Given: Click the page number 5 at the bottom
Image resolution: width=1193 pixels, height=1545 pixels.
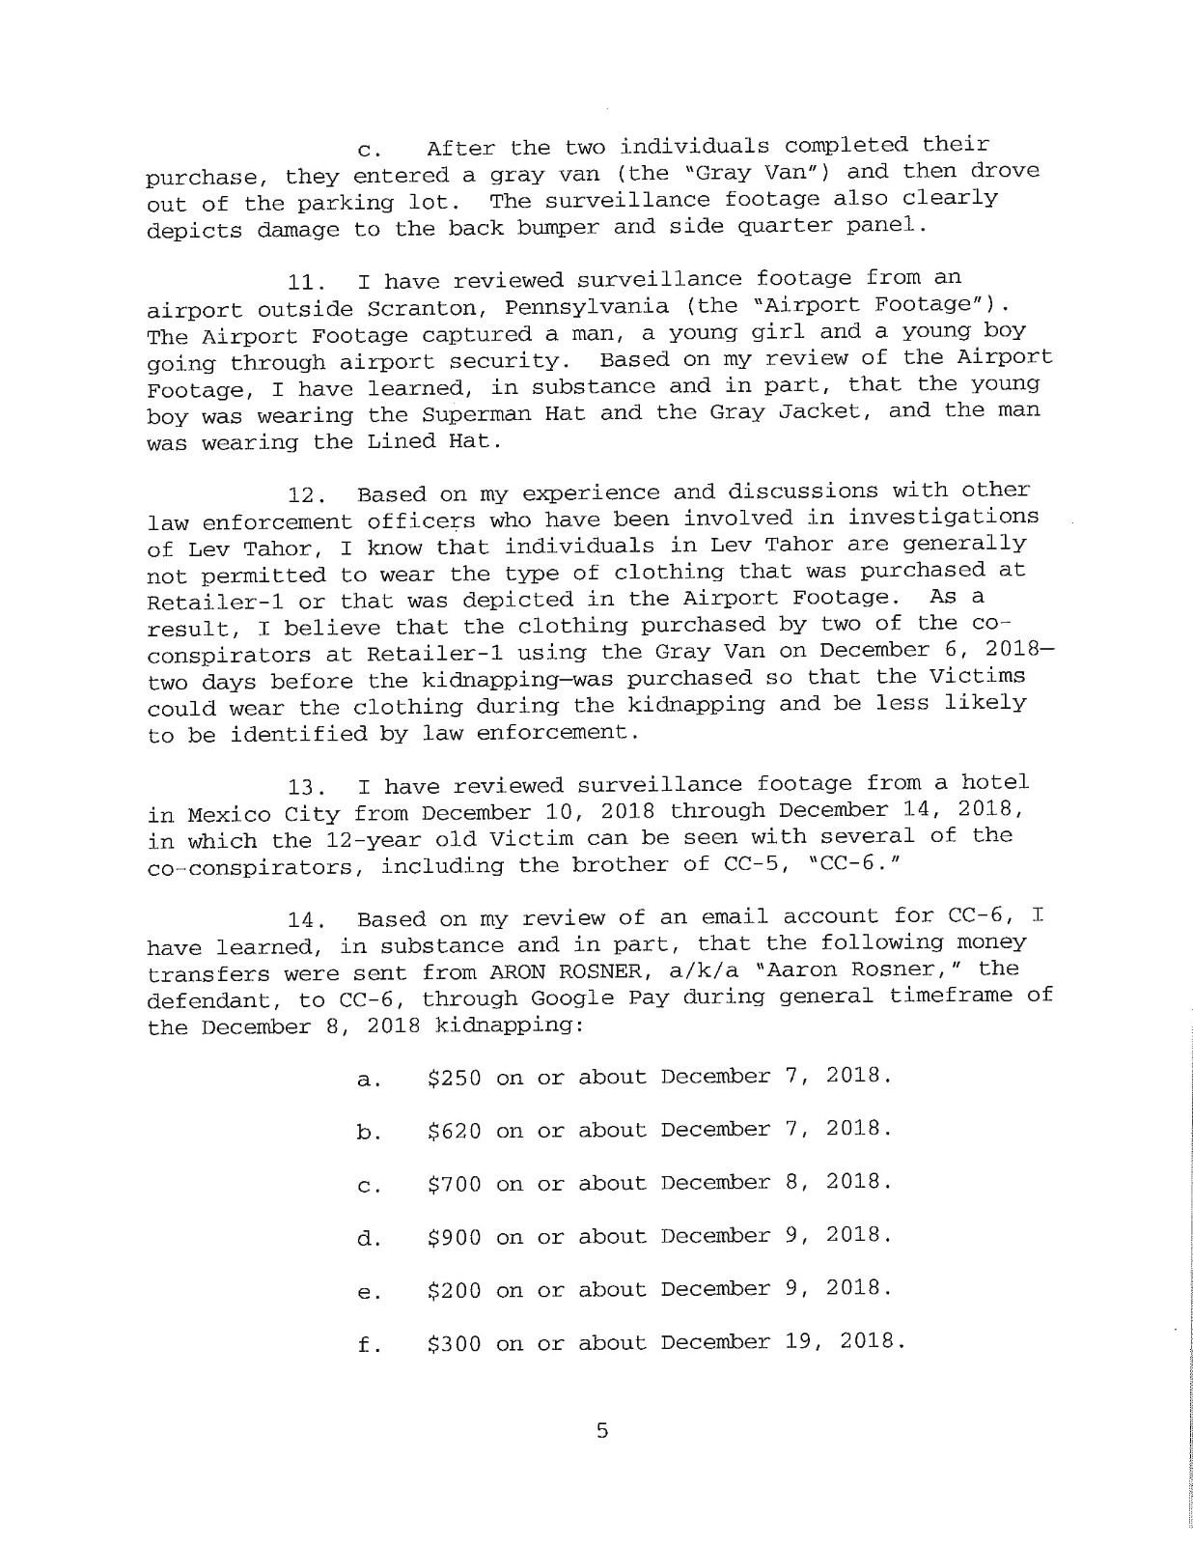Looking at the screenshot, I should click(602, 1430).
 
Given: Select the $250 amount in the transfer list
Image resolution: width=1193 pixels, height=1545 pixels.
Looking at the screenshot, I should click(454, 1077).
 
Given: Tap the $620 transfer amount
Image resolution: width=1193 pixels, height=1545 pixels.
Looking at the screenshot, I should click(454, 1130).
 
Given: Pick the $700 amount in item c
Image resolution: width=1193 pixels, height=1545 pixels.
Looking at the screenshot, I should click(454, 1183).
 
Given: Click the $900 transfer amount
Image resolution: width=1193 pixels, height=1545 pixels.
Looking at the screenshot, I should click(454, 1236).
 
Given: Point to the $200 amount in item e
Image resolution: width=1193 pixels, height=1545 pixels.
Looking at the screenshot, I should click(454, 1289).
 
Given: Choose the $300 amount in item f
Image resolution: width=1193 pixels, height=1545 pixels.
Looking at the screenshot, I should click(454, 1343).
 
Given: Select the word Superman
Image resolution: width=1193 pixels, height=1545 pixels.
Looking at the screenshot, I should click(467, 414).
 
